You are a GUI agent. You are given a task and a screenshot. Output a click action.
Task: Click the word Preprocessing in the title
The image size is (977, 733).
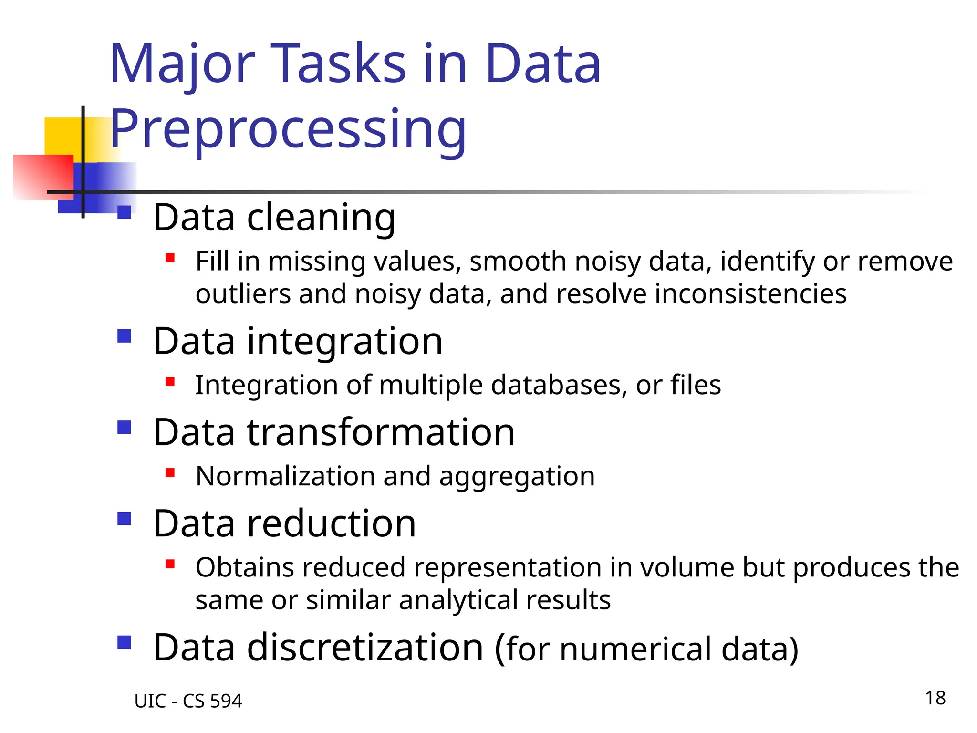coord(288,129)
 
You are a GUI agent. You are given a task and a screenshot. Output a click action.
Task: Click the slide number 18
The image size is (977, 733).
coord(935,698)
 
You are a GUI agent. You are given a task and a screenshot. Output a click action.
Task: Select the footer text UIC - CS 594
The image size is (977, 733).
coord(188,701)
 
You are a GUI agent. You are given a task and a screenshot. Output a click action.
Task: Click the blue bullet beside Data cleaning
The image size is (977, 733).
coord(124,212)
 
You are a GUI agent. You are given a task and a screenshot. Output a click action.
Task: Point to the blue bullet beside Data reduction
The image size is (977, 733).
coord(124,518)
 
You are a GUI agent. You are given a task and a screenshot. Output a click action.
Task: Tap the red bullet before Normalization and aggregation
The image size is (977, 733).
coord(170,473)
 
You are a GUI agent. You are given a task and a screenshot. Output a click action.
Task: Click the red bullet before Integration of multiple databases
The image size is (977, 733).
coord(170,382)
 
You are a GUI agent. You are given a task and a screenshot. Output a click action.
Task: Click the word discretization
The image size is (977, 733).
coord(365,648)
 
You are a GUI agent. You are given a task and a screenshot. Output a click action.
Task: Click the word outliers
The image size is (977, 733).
coord(243,294)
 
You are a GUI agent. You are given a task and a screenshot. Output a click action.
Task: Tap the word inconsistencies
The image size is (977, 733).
coord(750,294)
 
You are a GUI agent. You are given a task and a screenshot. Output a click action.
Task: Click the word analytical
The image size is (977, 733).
coord(457,600)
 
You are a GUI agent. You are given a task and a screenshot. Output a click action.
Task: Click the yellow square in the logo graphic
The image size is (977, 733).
coord(62,136)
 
